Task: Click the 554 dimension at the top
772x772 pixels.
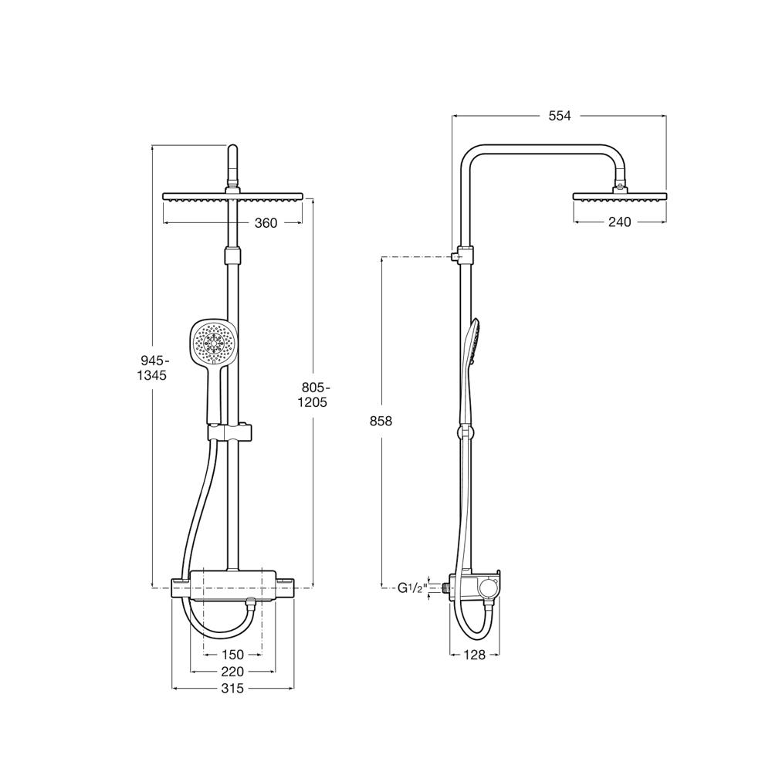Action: (x=560, y=116)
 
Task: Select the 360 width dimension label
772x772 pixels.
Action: (x=266, y=223)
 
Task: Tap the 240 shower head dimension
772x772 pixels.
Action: (x=619, y=222)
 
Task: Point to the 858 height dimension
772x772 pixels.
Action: (x=381, y=421)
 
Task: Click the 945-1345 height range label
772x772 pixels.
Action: (x=151, y=367)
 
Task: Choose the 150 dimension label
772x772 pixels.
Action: (x=232, y=655)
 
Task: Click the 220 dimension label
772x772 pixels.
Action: (x=232, y=671)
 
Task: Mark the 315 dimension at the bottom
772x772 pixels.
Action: (x=232, y=688)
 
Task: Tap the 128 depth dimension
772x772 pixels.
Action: (x=475, y=655)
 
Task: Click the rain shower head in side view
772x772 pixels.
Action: (x=620, y=195)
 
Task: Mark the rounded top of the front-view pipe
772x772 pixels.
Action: (x=233, y=148)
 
